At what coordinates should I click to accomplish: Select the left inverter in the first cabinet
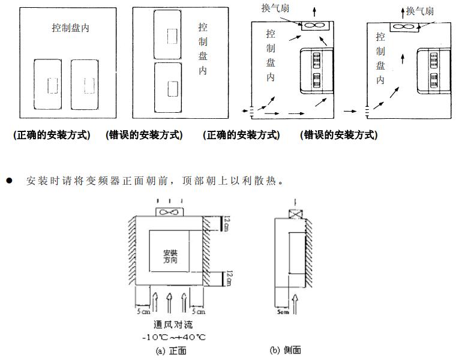click(x=52, y=84)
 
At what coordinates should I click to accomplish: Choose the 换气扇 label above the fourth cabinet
click(x=420, y=11)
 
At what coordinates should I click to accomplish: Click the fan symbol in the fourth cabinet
click(x=404, y=26)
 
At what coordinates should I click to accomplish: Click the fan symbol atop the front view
click(x=170, y=211)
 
